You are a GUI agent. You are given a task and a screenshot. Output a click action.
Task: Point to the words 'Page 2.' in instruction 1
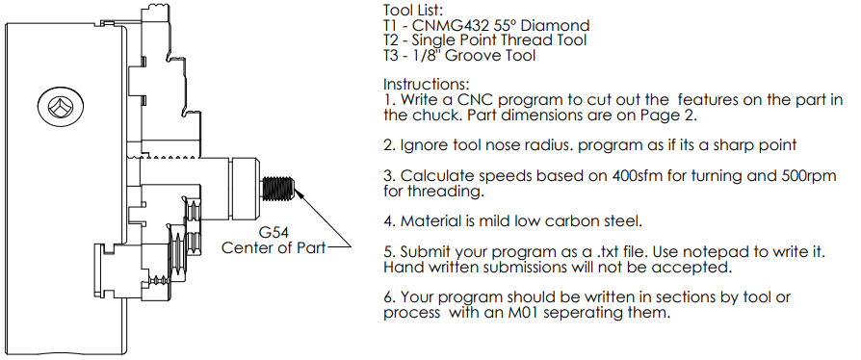[669, 116]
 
